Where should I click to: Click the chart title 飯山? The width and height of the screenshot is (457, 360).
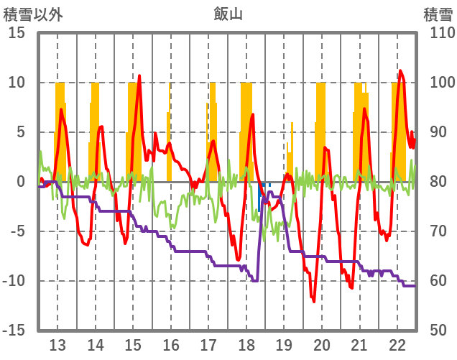pyautogui.click(x=228, y=13)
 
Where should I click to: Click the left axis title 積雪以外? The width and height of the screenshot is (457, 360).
pyautogui.click(x=32, y=13)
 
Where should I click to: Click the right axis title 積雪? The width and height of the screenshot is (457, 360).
pyautogui.click(x=438, y=13)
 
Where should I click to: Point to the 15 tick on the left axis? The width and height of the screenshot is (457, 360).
pyautogui.click(x=17, y=33)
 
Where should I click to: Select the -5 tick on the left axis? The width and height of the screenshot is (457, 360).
pyautogui.click(x=17, y=231)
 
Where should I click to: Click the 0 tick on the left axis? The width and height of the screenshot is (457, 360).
pyautogui.click(x=21, y=182)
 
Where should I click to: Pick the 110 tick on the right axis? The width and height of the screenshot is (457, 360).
pyautogui.click(x=438, y=33)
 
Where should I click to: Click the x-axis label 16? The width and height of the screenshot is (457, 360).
pyautogui.click(x=171, y=343)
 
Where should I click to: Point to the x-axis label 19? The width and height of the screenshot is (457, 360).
pyautogui.click(x=284, y=343)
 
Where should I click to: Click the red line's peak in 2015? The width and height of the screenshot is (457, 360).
pyautogui.click(x=139, y=75)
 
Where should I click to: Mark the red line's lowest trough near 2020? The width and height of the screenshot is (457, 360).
pyautogui.click(x=314, y=302)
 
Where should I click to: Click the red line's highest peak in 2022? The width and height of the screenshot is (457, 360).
pyautogui.click(x=400, y=70)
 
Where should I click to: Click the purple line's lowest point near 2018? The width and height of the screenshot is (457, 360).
pyautogui.click(x=255, y=281)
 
